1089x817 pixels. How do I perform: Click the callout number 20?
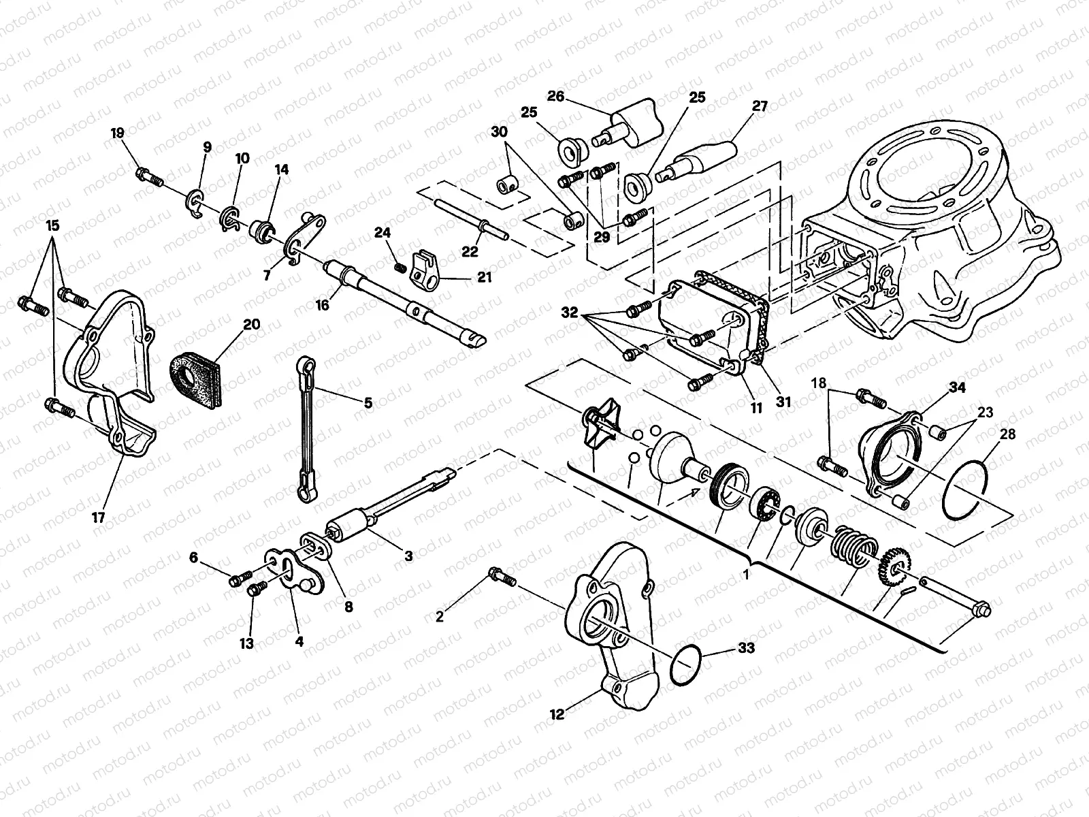tap(251, 325)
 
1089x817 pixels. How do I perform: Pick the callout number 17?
tap(99, 517)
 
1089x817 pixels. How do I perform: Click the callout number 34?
tap(958, 388)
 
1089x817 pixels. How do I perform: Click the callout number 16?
tap(322, 306)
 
